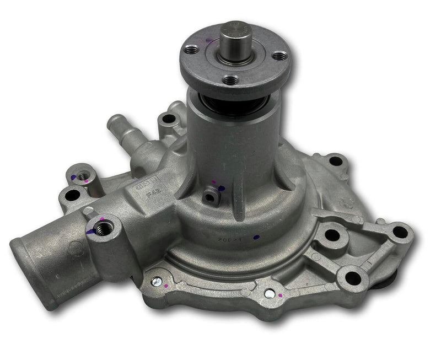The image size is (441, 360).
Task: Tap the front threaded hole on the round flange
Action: (x=232, y=80)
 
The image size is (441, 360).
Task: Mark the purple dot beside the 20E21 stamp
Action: (x=255, y=238)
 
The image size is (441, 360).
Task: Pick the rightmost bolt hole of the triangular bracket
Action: (x=400, y=232)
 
